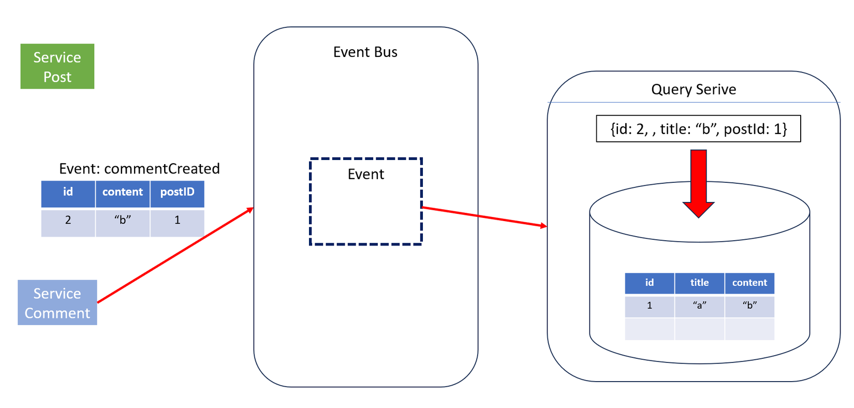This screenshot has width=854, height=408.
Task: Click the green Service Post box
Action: [x=57, y=66]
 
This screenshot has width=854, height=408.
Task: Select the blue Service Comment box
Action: [x=57, y=303]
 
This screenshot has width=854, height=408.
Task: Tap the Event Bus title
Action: [x=365, y=52]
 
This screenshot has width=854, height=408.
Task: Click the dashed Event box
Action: [x=366, y=201]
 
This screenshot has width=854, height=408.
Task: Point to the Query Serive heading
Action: [x=694, y=90]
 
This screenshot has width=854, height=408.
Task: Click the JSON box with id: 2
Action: [x=698, y=129]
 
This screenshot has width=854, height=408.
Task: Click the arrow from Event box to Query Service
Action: [x=484, y=216]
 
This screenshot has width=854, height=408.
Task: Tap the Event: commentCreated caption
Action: [x=139, y=169]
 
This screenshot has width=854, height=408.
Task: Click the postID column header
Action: [x=177, y=193]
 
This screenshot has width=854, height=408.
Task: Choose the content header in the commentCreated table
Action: [x=123, y=193]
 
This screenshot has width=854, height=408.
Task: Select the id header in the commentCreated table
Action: [x=68, y=193]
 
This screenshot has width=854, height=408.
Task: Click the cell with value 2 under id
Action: [x=68, y=221]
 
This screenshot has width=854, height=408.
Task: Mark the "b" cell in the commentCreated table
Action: [x=123, y=221]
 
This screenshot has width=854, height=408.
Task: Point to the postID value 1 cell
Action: [x=177, y=221]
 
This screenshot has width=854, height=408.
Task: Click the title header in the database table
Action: [x=699, y=283]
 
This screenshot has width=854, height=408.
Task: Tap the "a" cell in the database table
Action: [x=699, y=306]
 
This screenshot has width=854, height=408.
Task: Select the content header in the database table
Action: [x=749, y=283]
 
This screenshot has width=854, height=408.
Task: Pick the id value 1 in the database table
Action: [x=650, y=306]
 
